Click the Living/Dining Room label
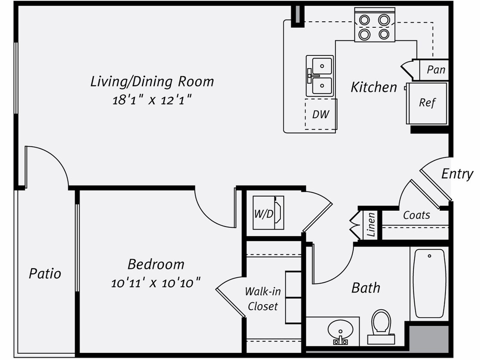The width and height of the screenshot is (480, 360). pyautogui.click(x=152, y=81)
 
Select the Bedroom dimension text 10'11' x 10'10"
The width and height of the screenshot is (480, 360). pyautogui.click(x=156, y=282)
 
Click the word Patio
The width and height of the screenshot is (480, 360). pyautogui.click(x=45, y=273)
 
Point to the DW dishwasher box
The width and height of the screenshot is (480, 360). pyautogui.click(x=320, y=114)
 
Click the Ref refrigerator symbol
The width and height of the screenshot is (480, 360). pyautogui.click(x=427, y=103)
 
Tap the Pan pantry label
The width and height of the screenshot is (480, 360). pyautogui.click(x=436, y=70)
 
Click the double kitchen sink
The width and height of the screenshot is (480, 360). pyautogui.click(x=320, y=75)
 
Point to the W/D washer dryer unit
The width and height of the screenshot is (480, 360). pyautogui.click(x=268, y=213)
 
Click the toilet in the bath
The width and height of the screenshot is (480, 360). pyautogui.click(x=381, y=326)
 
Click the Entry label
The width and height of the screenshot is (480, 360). pyautogui.click(x=457, y=174)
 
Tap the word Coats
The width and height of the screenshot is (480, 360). pyautogui.click(x=416, y=215)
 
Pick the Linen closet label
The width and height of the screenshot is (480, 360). pyautogui.click(x=371, y=224)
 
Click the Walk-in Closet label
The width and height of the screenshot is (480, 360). pyautogui.click(x=263, y=299)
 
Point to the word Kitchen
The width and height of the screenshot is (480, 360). pyautogui.click(x=374, y=87)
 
